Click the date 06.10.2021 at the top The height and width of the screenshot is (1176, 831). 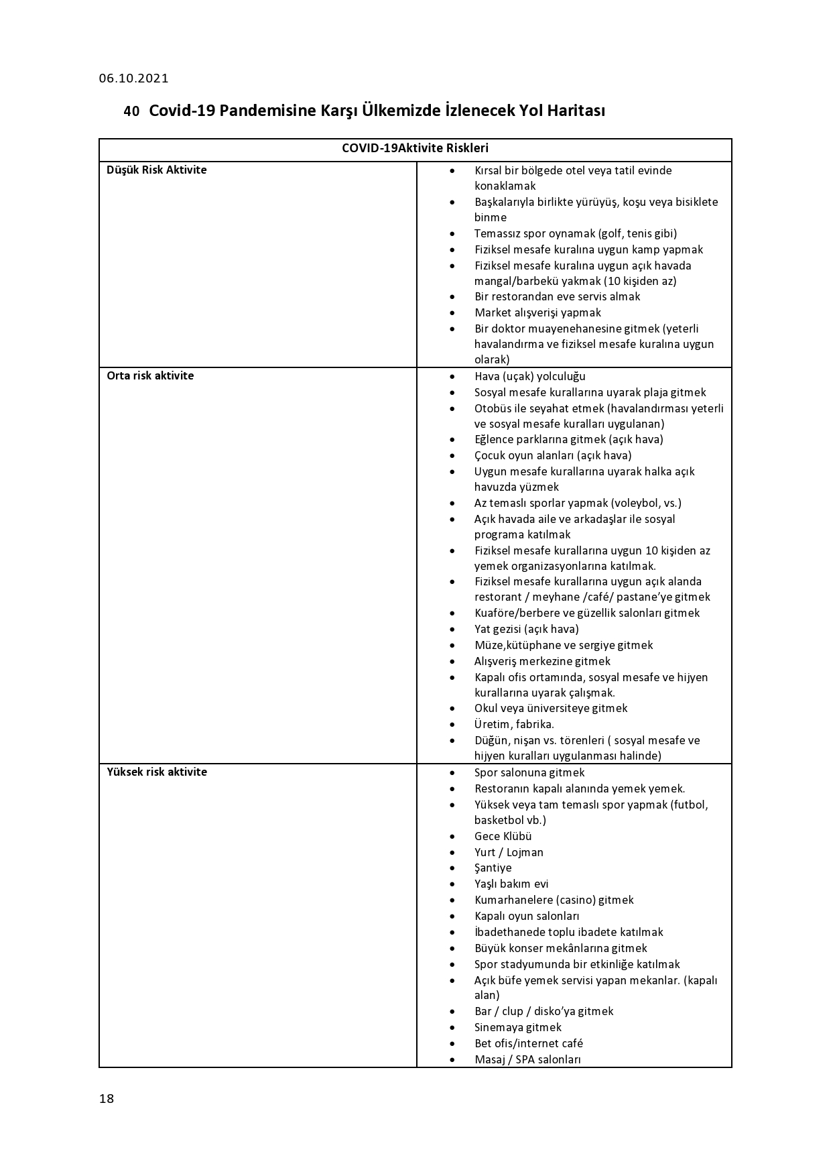[133, 78]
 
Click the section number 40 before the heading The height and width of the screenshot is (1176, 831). [131, 111]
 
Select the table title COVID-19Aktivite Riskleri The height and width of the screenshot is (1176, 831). [415, 149]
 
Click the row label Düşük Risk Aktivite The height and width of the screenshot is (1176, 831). [156, 170]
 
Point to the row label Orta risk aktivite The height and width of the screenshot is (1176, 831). [150, 376]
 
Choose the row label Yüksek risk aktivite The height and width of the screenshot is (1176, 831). [157, 772]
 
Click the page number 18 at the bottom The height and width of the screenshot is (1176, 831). [107, 1098]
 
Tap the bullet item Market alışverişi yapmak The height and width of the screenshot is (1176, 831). [537, 312]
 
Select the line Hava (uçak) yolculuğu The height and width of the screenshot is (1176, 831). [529, 377]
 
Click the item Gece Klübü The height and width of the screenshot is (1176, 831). [503, 837]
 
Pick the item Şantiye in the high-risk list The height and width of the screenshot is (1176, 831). [493, 868]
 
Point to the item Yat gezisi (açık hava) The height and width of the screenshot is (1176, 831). [526, 629]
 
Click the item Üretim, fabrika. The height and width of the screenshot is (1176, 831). [514, 725]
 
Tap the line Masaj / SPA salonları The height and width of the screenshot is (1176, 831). [527, 1060]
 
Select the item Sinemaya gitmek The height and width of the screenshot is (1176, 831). [517, 1028]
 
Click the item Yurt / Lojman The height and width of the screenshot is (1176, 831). [509, 853]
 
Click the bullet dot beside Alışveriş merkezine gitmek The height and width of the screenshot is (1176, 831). [452, 662]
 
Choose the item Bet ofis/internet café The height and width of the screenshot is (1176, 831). [528, 1044]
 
